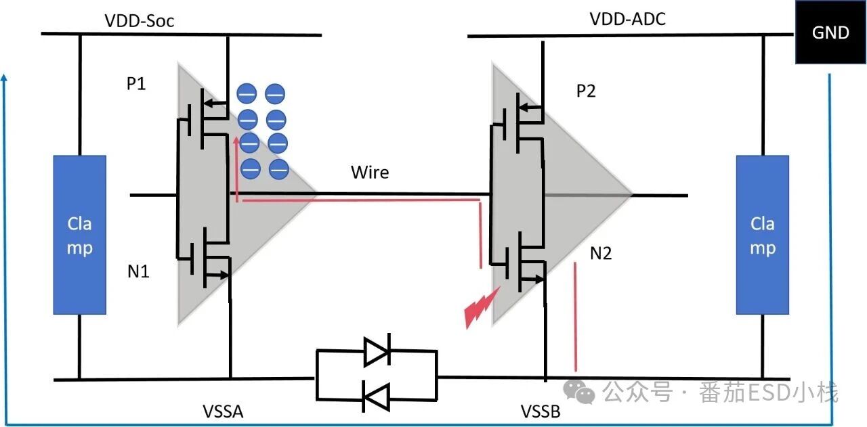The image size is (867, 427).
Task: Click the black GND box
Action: [830, 32]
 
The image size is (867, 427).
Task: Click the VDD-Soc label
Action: [140, 21]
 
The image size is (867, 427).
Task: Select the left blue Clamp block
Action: [80, 235]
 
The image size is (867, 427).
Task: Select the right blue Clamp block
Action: [763, 235]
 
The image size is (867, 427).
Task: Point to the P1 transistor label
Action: [137, 85]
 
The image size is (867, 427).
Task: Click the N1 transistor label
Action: [138, 272]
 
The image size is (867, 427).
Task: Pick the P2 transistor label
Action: [586, 91]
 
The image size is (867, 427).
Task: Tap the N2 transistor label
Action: [601, 254]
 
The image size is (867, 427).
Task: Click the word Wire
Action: [370, 172]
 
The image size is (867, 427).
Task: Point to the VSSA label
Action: [222, 411]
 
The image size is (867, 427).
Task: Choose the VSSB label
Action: [541, 411]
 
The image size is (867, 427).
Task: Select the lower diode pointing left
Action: [376, 396]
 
